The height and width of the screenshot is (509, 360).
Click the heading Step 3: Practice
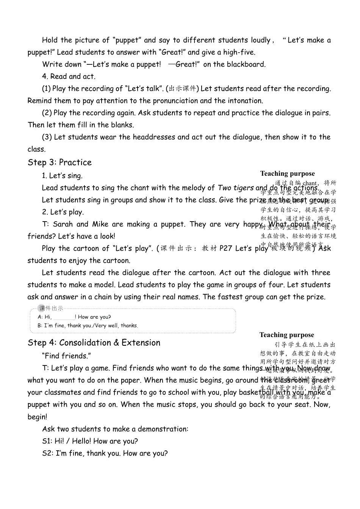tap(59, 162)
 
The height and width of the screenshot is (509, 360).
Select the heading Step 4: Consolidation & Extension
tap(94, 343)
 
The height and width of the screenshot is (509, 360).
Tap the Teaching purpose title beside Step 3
tap(287, 173)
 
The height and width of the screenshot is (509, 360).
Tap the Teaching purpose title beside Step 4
tap(286, 335)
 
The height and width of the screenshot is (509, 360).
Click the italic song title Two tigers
tap(235, 188)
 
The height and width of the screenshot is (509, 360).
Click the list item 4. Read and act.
tap(69, 77)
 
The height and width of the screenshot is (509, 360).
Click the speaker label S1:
tap(47, 441)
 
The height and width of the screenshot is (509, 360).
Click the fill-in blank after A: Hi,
tap(64, 317)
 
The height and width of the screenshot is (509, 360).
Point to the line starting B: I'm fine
tap(88, 326)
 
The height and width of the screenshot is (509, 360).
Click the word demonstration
tap(163, 429)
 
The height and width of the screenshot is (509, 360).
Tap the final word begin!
tap(37, 417)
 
